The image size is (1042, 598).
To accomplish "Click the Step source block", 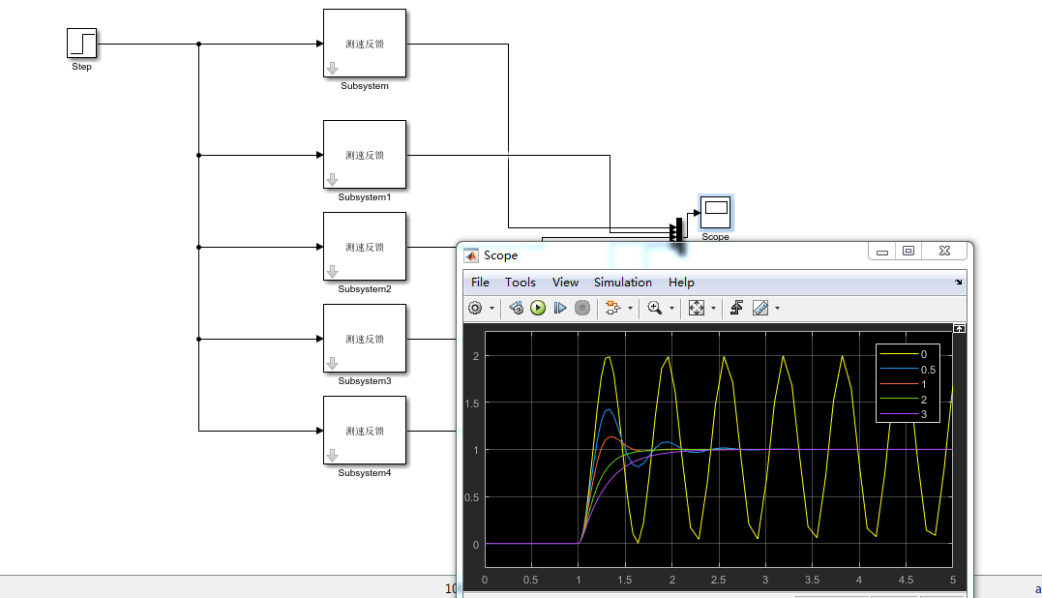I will (81, 44).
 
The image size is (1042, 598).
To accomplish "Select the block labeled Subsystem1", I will (364, 155).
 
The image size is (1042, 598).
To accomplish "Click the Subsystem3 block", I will (364, 339).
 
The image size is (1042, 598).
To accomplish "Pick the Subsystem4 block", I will (364, 431).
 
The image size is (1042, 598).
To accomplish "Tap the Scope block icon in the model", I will (716, 212).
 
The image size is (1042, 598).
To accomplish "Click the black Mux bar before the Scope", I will (679, 229).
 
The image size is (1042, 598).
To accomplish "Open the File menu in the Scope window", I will (480, 283).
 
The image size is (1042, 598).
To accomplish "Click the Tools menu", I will (520, 283).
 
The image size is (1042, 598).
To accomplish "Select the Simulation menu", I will (623, 283).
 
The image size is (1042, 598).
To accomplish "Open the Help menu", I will (681, 283).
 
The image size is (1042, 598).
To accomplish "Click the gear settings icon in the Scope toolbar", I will (475, 308).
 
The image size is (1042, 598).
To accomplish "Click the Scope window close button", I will (946, 252).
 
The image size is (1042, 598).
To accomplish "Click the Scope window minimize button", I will (882, 252).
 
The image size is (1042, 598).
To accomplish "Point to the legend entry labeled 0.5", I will (927, 370).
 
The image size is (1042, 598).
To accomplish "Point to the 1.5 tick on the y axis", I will (474, 403).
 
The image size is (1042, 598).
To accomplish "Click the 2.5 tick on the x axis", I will (718, 580).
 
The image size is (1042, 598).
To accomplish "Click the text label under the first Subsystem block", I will (365, 86).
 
